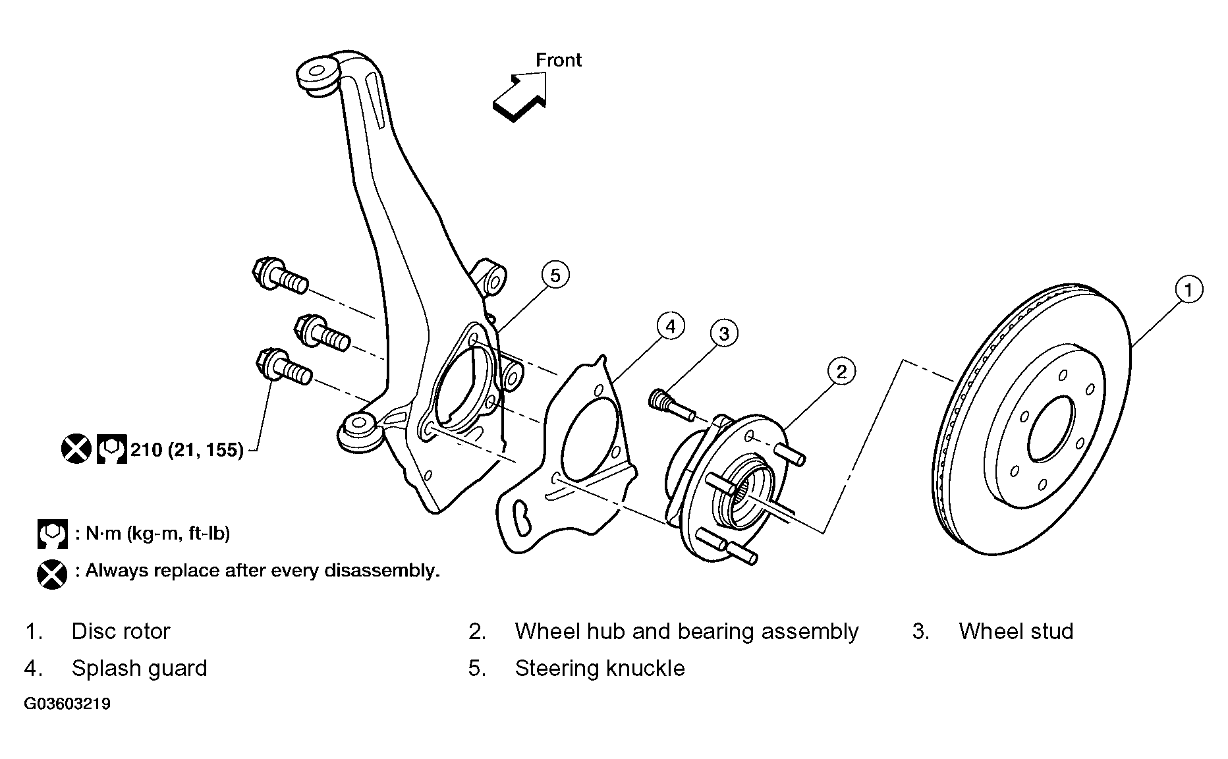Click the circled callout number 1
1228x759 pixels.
(x=1188, y=290)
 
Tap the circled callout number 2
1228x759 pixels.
(x=841, y=372)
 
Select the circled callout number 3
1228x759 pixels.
(x=724, y=334)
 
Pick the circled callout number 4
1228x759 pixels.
(x=670, y=327)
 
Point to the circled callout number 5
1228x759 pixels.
(x=555, y=275)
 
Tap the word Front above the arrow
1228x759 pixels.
(x=558, y=60)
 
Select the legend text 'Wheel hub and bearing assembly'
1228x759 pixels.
(x=686, y=631)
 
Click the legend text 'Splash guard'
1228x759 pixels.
(x=139, y=668)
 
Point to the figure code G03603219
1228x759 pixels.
(x=67, y=704)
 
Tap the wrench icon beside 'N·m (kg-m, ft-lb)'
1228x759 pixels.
(x=52, y=534)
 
